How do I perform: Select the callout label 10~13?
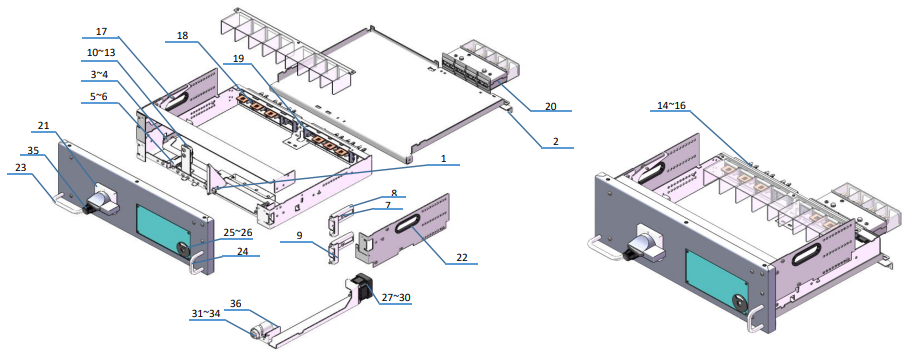tap(101, 52)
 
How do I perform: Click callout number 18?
tap(182, 36)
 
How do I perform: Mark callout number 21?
tap(43, 126)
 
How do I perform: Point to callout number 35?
tap(33, 151)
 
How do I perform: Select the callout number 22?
tap(461, 256)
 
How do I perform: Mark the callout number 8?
tap(394, 192)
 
